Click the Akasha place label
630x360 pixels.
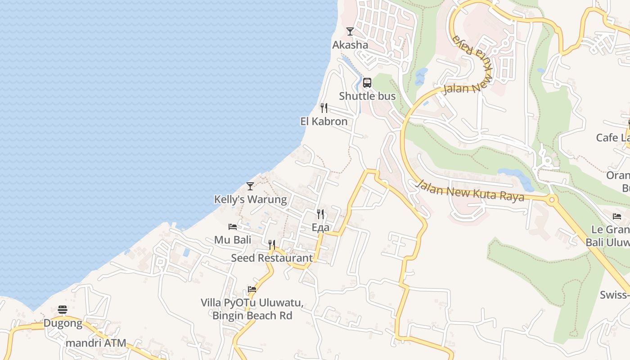click(x=350, y=45)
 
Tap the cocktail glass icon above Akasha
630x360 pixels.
click(x=350, y=31)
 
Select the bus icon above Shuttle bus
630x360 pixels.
click(x=367, y=83)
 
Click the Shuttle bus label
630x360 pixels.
click(x=367, y=96)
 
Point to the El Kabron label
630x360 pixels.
click(x=324, y=121)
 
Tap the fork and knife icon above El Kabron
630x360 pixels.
click(x=324, y=108)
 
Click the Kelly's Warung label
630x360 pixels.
click(x=250, y=199)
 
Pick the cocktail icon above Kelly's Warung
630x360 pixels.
click(x=250, y=186)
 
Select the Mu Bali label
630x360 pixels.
click(x=233, y=240)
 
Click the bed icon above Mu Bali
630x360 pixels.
click(x=233, y=226)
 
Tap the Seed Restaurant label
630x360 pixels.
click(x=272, y=258)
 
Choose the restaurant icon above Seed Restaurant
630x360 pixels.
click(x=272, y=244)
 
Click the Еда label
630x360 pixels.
click(x=320, y=227)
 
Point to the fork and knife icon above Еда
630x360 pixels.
click(x=320, y=214)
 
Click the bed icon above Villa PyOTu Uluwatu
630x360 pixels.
click(x=252, y=289)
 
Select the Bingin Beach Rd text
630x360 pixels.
click(x=252, y=315)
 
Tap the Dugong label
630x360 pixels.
click(x=63, y=323)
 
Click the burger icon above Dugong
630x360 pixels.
click(x=63, y=310)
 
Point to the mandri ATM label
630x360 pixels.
click(x=96, y=343)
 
